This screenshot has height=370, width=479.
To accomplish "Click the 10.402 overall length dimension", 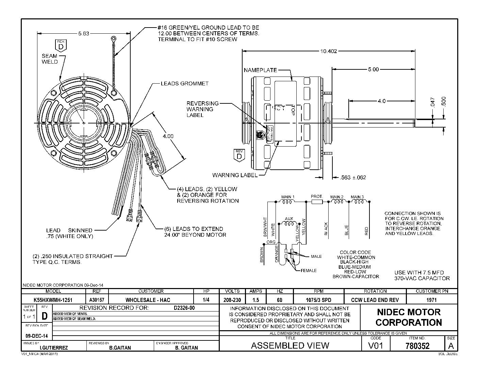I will pos(328,51).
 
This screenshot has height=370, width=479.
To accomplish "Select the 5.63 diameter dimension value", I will pos(83,33).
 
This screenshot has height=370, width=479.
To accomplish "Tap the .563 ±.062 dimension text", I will pos(353,177).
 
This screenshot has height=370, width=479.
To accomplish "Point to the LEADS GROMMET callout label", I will pos(184,83).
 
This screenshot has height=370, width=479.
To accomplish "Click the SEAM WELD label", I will pos(50,59).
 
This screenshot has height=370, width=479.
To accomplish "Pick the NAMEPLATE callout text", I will pos(260,70).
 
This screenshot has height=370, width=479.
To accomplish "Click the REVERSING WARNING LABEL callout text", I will pos(202,109).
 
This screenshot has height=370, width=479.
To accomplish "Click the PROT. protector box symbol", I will pos(317,202).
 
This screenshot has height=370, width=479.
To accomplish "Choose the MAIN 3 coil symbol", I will pos(357,202).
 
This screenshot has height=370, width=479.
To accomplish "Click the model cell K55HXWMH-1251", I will pos(53,300).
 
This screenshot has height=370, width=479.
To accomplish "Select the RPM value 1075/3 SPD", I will pos(318,300).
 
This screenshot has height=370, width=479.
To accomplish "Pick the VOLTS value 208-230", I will pos(232,300).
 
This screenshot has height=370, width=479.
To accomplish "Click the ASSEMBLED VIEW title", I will pos(290,346).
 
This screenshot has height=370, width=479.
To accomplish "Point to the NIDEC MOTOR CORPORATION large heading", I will pos(409,317).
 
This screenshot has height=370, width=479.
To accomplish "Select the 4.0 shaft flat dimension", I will pos(381,101).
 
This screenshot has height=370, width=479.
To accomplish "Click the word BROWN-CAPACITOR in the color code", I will pos(356,276).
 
